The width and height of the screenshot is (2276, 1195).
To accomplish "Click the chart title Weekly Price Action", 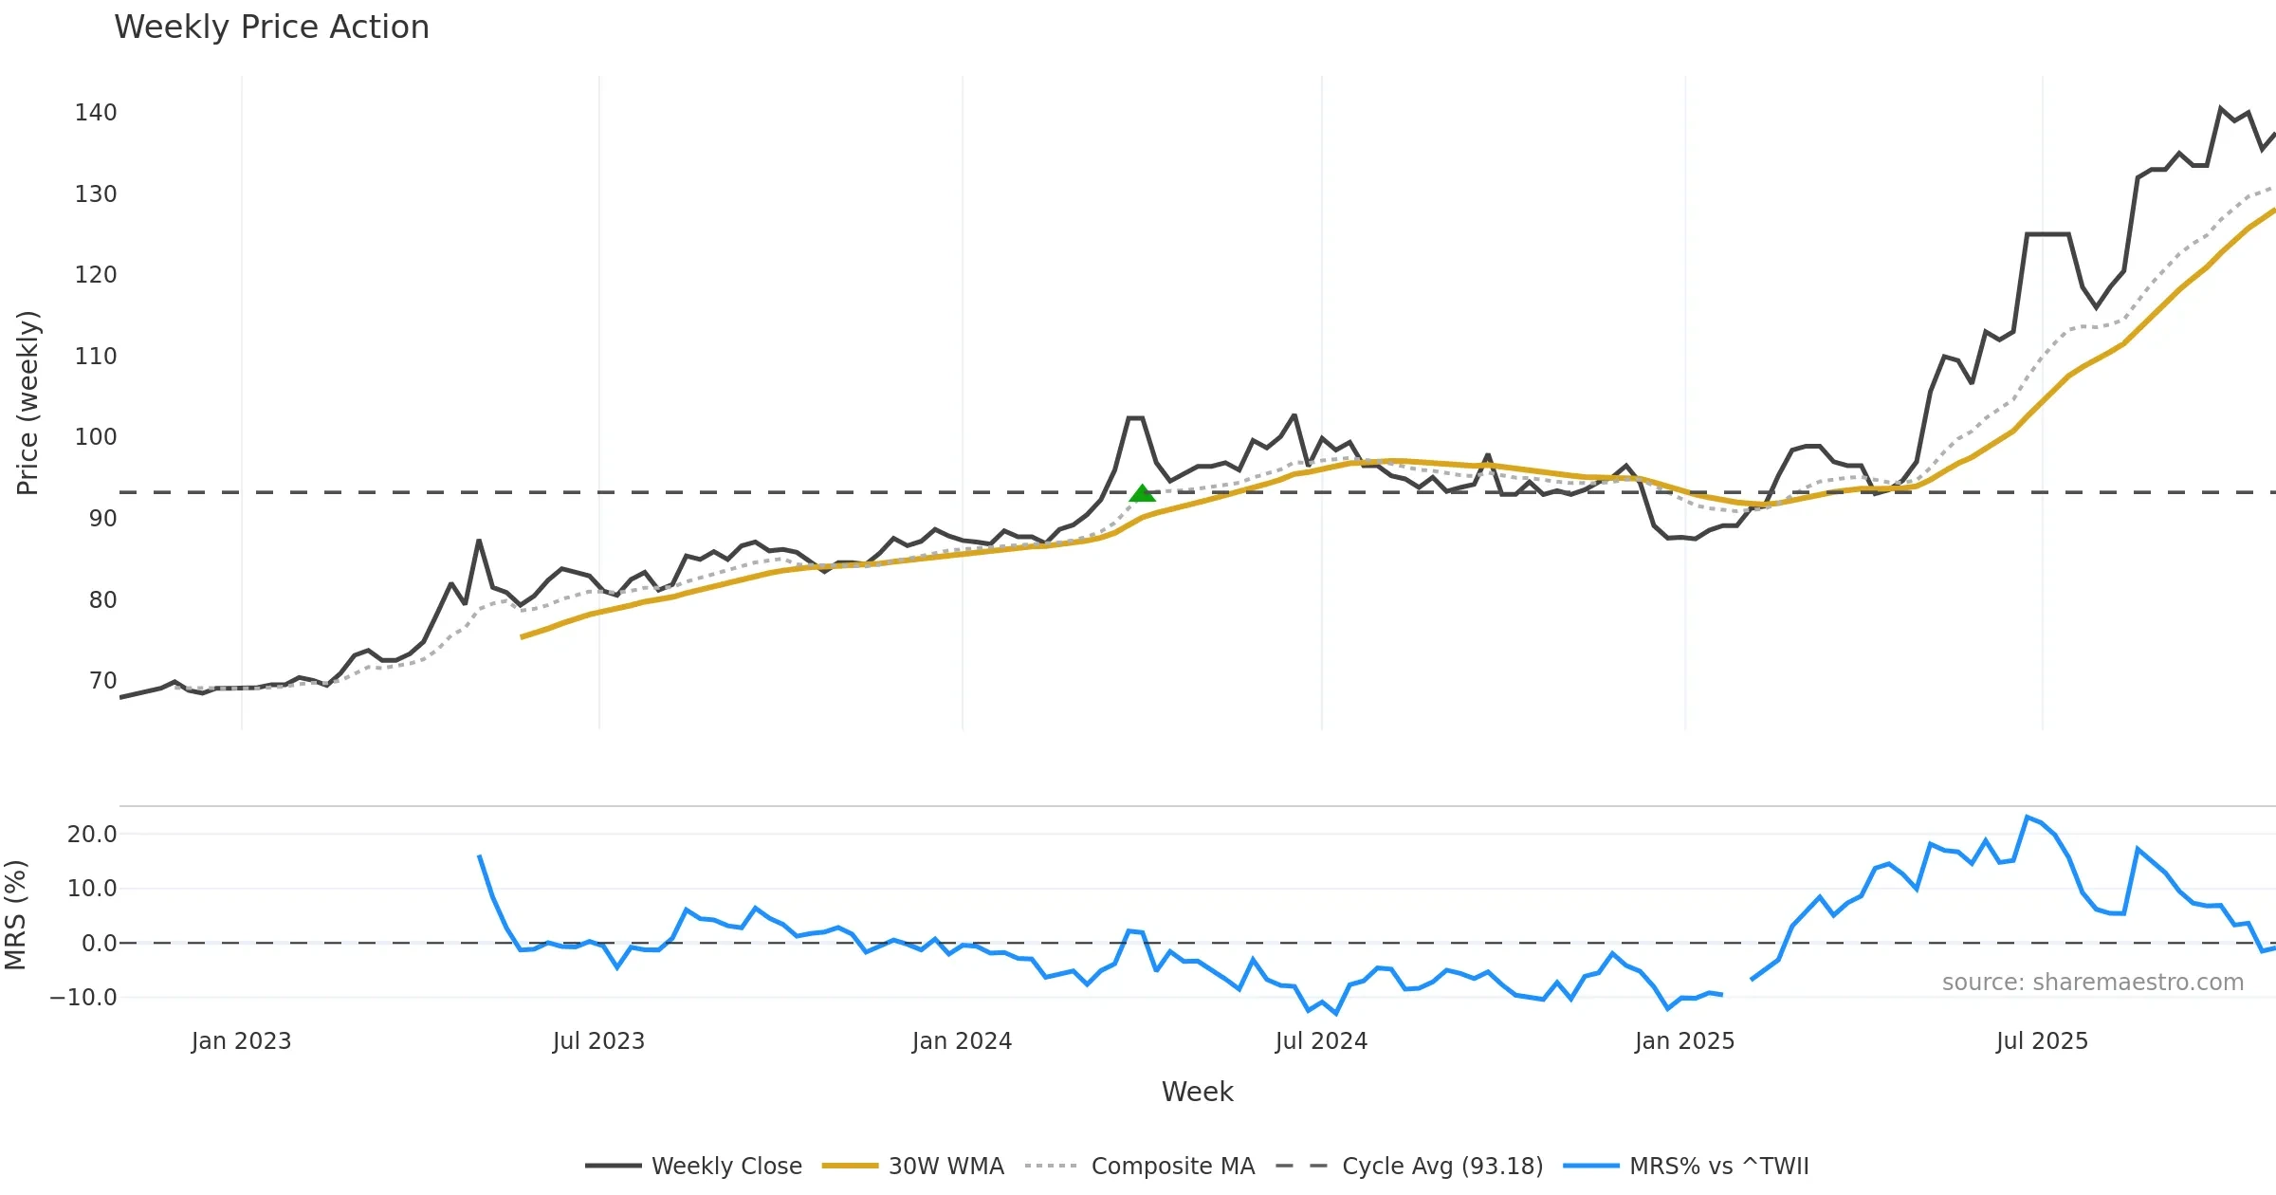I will (x=271, y=28).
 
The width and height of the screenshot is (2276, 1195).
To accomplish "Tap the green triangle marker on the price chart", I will (x=1143, y=493).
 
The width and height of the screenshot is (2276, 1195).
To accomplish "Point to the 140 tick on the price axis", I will (x=96, y=113).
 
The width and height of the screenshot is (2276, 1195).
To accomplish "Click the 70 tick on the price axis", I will (x=102, y=681).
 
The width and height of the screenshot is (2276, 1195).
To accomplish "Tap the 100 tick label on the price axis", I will (x=96, y=437).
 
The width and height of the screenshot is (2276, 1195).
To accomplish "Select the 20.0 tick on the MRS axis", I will (x=92, y=835).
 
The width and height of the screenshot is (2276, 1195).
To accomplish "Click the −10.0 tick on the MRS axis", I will (x=83, y=998).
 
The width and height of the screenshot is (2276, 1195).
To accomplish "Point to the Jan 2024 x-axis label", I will (x=962, y=1041).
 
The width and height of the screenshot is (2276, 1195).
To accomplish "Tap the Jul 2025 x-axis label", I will (x=2042, y=1041).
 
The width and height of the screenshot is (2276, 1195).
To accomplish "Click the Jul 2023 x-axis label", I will (x=598, y=1041).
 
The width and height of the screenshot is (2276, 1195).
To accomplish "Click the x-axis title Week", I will (x=1197, y=1093).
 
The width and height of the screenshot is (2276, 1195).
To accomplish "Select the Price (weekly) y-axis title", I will (x=28, y=403).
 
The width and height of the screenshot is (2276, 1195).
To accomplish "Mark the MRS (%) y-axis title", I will (x=16, y=915).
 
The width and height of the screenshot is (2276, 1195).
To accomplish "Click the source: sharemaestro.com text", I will (x=2092, y=983).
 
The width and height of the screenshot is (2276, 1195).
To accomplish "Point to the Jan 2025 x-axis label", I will (x=1684, y=1041).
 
